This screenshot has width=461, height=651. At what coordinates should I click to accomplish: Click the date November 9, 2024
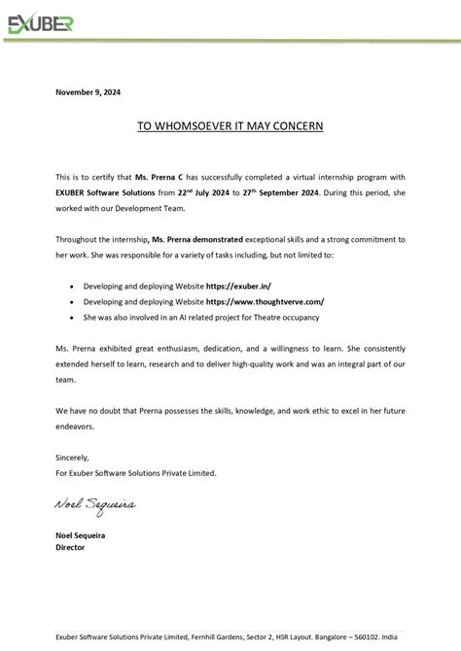tap(89, 92)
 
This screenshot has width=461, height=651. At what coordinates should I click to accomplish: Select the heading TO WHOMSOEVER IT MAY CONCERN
tap(230, 126)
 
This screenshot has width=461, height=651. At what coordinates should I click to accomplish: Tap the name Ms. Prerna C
tap(159, 177)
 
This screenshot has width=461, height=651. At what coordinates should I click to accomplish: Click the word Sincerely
tap(72, 457)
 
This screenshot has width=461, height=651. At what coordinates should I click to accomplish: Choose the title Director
tap(70, 547)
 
